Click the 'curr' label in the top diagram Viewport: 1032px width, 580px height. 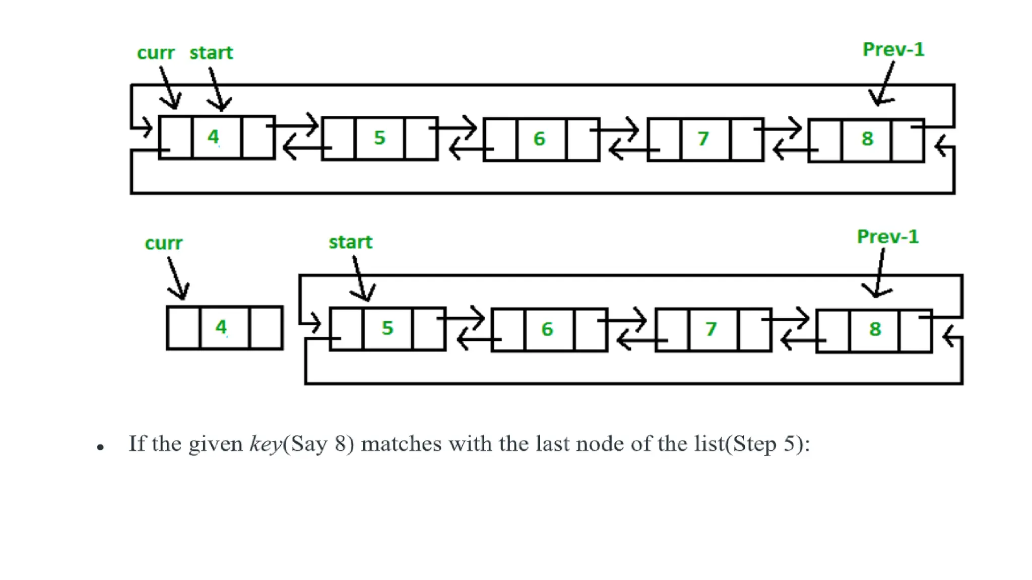coord(156,53)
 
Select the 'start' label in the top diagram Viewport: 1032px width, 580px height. coord(211,53)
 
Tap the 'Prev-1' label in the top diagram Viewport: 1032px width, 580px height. coord(893,49)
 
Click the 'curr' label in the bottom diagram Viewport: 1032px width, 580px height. coord(163,243)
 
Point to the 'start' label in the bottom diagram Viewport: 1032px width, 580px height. coord(350,242)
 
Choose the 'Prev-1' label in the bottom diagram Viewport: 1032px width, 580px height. coord(888,237)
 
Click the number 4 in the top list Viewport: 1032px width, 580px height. coord(214,136)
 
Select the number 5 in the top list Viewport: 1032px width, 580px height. coord(379,137)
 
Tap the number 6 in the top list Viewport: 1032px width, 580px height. coord(539,138)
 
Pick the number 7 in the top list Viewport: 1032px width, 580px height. coord(703,138)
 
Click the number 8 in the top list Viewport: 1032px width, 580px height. coord(867,138)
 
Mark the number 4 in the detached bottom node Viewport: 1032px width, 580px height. coord(221,327)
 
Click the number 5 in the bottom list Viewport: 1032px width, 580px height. coord(387,328)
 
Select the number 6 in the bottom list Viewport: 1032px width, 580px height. coord(547,329)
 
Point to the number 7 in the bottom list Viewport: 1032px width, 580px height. coord(711,329)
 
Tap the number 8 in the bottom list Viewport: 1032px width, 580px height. coord(875,329)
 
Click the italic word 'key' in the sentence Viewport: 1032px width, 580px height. coord(266,445)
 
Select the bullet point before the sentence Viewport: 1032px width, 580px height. coord(100,447)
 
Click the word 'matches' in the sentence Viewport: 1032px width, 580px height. coord(401,444)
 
